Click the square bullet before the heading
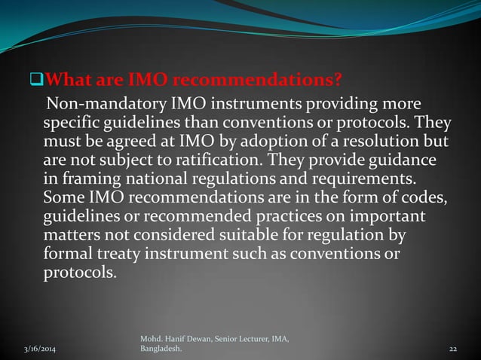pos(41,81)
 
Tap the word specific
pos(70,122)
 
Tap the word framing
pos(86,180)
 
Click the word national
pos(148,179)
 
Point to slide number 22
pos(453,349)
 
